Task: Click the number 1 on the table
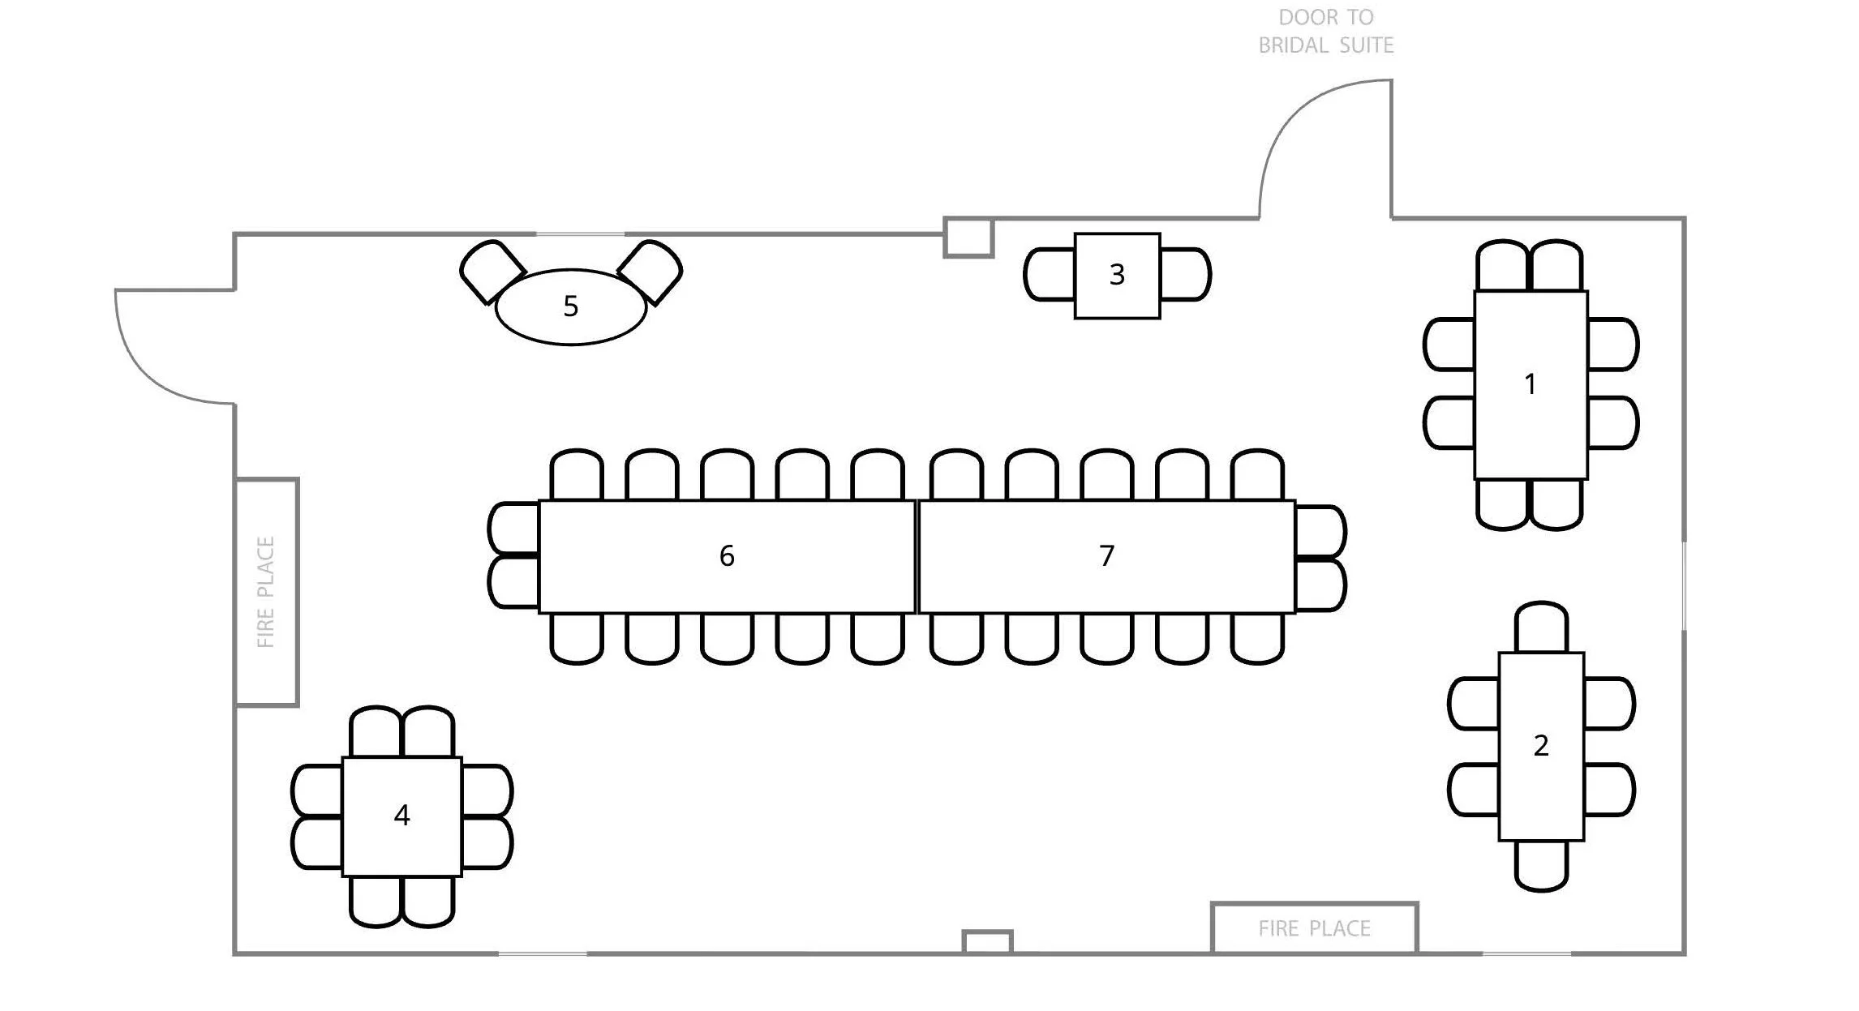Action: (x=1530, y=384)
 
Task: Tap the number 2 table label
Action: (x=1541, y=746)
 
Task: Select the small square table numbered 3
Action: (x=1117, y=276)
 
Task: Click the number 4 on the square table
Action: (x=401, y=816)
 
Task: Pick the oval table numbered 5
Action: (x=571, y=306)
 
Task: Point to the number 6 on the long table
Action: (x=727, y=556)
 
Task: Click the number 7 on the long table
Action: (x=1106, y=556)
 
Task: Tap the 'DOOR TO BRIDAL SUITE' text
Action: (x=1326, y=31)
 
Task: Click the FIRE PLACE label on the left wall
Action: (x=266, y=592)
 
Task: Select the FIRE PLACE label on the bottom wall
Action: (x=1314, y=928)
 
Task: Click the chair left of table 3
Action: (x=1050, y=275)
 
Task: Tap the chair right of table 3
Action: (x=1185, y=275)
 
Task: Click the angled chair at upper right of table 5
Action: (x=650, y=271)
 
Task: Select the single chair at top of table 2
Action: (x=1541, y=627)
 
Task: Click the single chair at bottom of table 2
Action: (x=1541, y=866)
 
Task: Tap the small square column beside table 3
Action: (x=969, y=238)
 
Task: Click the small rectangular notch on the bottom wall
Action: (x=987, y=942)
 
